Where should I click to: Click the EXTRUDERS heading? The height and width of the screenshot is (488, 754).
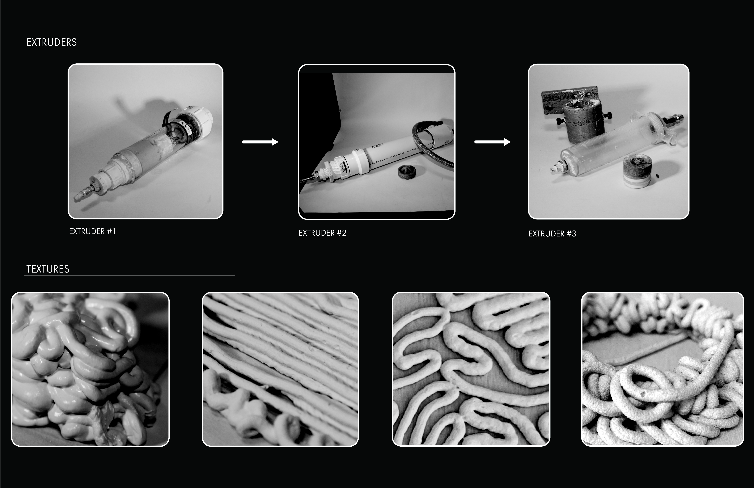pyautogui.click(x=52, y=42)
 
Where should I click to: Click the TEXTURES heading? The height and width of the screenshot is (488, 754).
pyautogui.click(x=48, y=269)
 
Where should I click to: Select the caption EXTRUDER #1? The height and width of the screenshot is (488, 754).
pyautogui.click(x=93, y=231)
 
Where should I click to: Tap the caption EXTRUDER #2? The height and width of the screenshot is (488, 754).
pyautogui.click(x=322, y=233)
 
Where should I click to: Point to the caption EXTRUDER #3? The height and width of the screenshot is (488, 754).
pyautogui.click(x=552, y=234)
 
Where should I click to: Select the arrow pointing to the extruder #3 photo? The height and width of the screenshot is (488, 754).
pyautogui.click(x=492, y=142)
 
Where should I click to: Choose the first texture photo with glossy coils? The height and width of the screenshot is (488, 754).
pyautogui.click(x=90, y=369)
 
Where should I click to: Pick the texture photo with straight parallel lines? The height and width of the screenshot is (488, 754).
pyautogui.click(x=280, y=369)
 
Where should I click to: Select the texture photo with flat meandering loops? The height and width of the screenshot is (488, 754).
pyautogui.click(x=471, y=369)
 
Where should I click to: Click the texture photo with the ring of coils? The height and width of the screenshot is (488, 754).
pyautogui.click(x=663, y=369)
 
